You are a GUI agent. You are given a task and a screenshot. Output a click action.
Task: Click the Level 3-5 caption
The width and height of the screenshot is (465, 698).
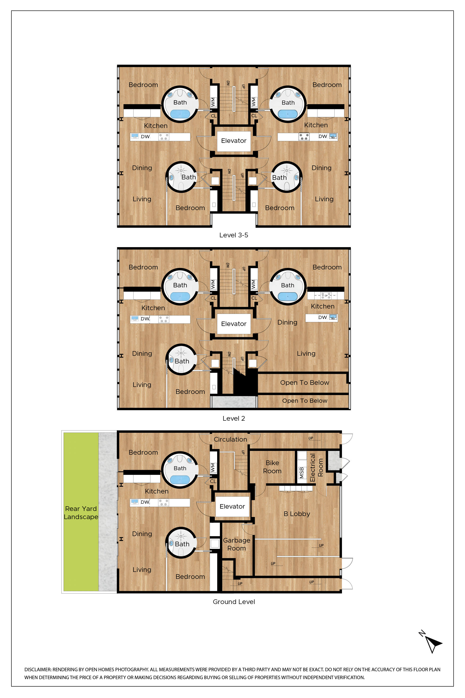click(x=233, y=235)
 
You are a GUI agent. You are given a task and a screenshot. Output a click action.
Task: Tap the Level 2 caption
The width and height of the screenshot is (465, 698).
click(x=233, y=418)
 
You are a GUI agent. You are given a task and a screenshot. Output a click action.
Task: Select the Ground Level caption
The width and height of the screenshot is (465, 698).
click(x=234, y=602)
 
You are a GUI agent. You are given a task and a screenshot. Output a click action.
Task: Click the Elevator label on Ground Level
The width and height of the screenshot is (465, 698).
click(x=232, y=507)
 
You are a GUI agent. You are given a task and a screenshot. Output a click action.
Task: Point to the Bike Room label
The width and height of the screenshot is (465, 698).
click(x=272, y=467)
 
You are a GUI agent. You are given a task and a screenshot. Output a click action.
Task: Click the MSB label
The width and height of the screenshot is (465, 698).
click(x=302, y=473)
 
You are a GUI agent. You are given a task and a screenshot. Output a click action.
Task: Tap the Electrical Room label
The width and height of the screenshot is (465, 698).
click(x=316, y=467)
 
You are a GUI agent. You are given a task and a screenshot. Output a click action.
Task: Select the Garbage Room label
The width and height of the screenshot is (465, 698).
click(x=236, y=544)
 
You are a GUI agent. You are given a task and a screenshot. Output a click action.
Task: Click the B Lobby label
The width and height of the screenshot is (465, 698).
click(x=297, y=514)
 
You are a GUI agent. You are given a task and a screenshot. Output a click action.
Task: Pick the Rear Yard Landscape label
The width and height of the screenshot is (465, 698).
click(x=81, y=513)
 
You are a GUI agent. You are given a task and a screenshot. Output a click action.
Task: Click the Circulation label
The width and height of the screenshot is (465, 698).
click(x=230, y=440)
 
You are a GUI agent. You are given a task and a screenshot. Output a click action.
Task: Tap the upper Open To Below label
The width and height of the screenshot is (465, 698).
click(x=305, y=383)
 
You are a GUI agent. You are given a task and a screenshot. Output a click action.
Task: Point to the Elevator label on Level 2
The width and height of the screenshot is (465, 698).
click(x=234, y=324)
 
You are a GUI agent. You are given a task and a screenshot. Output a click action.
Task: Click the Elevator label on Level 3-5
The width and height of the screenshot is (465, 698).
click(x=234, y=141)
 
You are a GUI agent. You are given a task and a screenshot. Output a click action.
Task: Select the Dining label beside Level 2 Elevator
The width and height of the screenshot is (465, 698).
click(x=287, y=322)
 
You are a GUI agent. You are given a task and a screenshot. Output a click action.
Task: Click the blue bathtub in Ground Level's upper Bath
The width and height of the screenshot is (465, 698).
click(x=180, y=480)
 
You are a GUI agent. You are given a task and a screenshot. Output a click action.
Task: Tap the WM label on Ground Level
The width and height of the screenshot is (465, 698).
click(x=213, y=468)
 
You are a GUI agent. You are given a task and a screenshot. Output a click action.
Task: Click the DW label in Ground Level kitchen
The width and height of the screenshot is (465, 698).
click(x=145, y=502)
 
